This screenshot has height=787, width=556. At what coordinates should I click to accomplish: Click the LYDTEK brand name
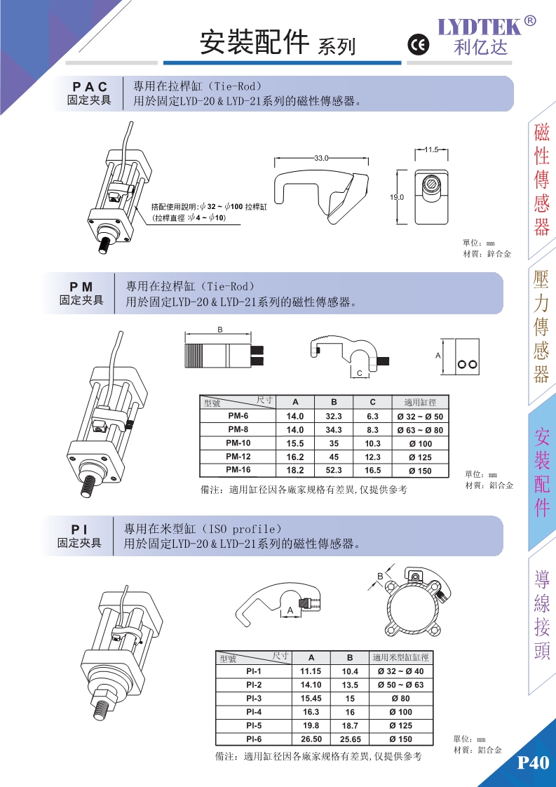[x=480, y=27]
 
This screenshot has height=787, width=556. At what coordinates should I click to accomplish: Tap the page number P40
[x=532, y=763]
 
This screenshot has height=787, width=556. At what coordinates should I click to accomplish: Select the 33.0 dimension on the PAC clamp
[x=322, y=159]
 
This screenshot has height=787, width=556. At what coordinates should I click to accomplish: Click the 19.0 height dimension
[x=397, y=198]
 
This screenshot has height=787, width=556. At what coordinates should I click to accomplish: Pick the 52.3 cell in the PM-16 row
[x=334, y=470]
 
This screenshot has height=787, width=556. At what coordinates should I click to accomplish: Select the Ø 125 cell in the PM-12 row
[x=420, y=457]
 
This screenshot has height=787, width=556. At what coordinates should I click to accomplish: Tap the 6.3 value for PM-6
[x=373, y=417]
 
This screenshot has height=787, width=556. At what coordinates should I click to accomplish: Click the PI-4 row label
[x=253, y=712]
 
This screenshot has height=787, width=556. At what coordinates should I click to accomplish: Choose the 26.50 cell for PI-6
[x=311, y=739]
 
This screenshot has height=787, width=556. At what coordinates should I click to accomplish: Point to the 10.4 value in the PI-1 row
[x=350, y=671]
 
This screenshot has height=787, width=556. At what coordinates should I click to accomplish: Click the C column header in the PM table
[x=372, y=402]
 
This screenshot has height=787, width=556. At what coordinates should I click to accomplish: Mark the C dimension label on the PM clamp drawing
[x=359, y=373]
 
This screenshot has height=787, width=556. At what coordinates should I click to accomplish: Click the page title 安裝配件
[x=255, y=43]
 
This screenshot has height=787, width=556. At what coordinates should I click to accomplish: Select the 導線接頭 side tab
[x=541, y=615]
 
